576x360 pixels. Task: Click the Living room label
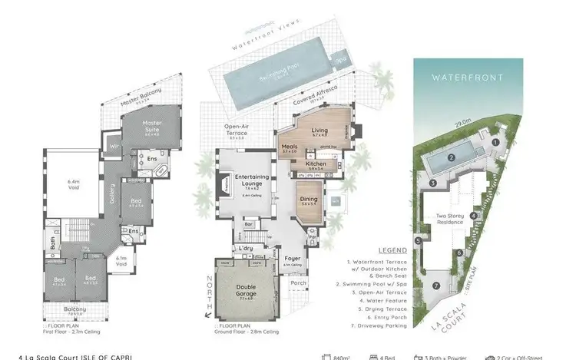coord(319,131)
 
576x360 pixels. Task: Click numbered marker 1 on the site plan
coord(495,141)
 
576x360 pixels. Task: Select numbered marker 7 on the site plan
coord(435,286)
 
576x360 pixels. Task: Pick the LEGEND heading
coord(393,250)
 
